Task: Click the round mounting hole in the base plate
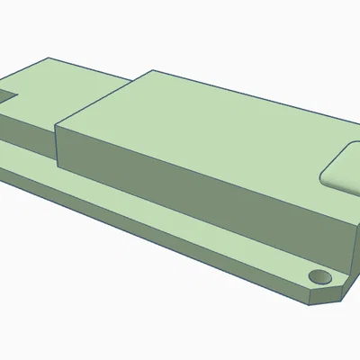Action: (x=317, y=274)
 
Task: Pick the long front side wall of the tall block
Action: (x=198, y=193)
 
